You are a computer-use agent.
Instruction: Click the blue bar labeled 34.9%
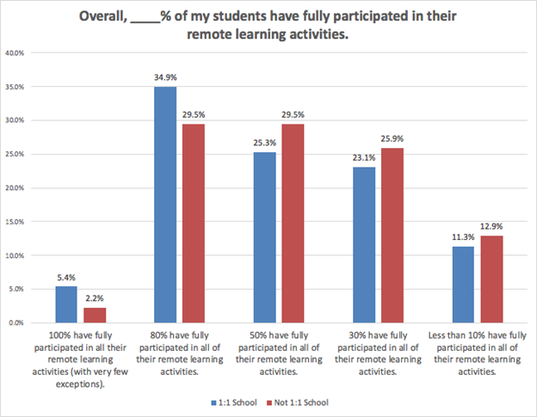click(x=165, y=205)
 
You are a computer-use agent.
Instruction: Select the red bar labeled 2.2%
click(x=95, y=315)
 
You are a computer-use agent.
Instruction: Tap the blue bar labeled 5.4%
click(x=66, y=304)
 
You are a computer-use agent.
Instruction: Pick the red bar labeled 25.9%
click(x=392, y=236)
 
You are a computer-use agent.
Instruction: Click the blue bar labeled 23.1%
click(x=364, y=245)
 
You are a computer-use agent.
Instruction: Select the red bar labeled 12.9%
click(x=491, y=279)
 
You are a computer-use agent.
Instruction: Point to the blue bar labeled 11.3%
click(x=463, y=285)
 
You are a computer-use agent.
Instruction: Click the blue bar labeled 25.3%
click(x=265, y=237)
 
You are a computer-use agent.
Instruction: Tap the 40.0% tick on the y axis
click(x=15, y=53)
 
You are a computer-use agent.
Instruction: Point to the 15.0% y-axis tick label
click(x=15, y=222)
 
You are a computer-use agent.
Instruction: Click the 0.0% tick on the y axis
click(x=16, y=323)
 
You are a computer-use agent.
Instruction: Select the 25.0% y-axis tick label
click(x=15, y=154)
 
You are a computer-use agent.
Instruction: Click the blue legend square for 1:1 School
click(x=213, y=403)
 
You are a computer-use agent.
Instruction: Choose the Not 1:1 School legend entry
click(x=297, y=402)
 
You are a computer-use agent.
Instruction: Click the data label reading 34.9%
click(x=165, y=77)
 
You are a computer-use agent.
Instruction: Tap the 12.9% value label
click(x=491, y=226)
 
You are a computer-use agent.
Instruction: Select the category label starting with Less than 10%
click(x=478, y=353)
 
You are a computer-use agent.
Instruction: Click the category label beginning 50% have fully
click(x=279, y=353)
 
